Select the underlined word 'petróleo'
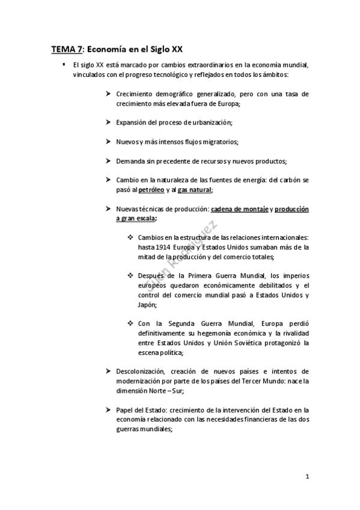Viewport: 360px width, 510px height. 151,189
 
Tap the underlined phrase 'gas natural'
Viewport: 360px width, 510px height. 195,189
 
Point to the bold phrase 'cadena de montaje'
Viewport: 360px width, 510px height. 239,209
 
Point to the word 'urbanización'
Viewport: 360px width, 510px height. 211,122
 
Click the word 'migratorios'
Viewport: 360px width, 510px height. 221,141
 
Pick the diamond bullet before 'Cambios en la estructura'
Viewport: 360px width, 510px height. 130,238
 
